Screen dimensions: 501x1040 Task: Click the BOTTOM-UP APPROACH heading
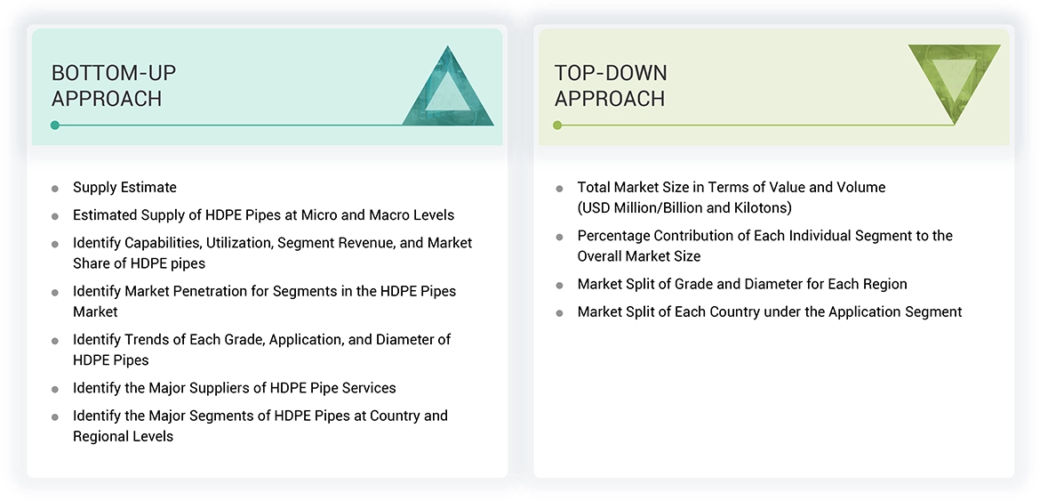[x=108, y=85]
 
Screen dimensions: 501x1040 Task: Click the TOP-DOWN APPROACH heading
[x=611, y=85]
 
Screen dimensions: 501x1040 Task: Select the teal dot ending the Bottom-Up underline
[x=55, y=125]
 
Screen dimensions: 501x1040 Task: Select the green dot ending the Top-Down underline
[x=557, y=125]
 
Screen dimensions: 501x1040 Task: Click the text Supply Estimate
[x=124, y=187]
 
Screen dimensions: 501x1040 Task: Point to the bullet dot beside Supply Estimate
[x=55, y=189]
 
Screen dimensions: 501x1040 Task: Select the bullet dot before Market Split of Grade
[x=559, y=286]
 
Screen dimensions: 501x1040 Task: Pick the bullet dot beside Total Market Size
[x=559, y=189]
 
